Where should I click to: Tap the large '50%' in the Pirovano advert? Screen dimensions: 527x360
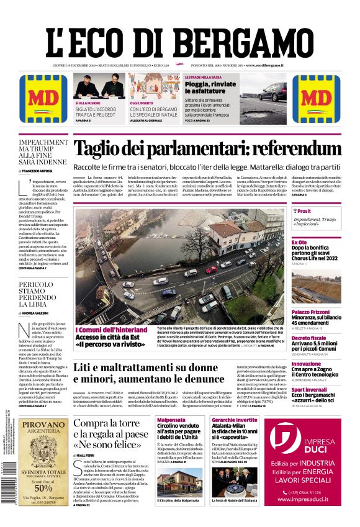(43, 487)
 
